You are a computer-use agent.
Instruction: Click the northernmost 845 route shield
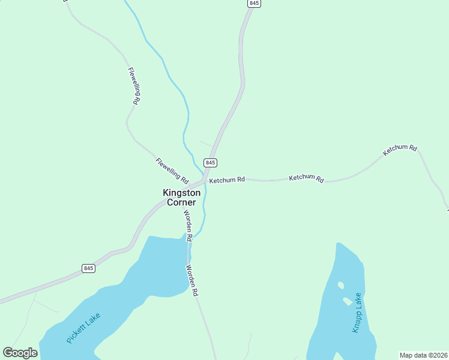[x=254, y=4]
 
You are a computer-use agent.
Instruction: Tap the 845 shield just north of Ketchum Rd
[x=210, y=163]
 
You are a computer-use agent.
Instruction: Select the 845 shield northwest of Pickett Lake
[x=88, y=268]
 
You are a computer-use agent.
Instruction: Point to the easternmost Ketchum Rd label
[x=400, y=150]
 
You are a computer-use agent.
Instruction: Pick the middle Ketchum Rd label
[x=306, y=178]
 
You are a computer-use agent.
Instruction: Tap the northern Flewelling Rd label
[x=134, y=86]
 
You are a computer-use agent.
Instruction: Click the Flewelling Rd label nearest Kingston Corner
[x=172, y=170]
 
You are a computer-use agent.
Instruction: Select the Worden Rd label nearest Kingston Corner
[x=188, y=225]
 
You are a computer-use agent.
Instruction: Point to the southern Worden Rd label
[x=192, y=281]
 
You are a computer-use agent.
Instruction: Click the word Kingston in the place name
[x=182, y=193]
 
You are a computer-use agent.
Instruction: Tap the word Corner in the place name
[x=181, y=203]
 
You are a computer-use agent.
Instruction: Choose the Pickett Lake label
[x=83, y=328]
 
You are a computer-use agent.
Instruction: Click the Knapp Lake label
[x=356, y=313]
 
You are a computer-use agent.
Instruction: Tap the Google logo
[x=20, y=353]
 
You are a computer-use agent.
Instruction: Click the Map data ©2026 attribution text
[x=423, y=355]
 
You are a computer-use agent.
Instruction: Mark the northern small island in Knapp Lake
[x=341, y=286]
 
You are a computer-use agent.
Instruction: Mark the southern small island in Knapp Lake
[x=347, y=301]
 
